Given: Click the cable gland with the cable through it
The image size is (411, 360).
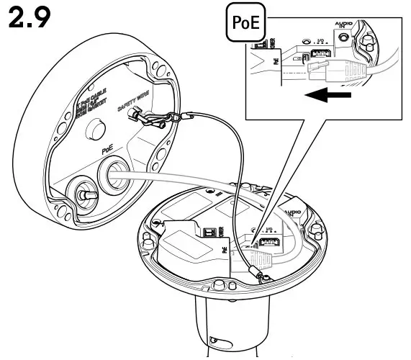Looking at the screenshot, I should pos(114,176).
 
